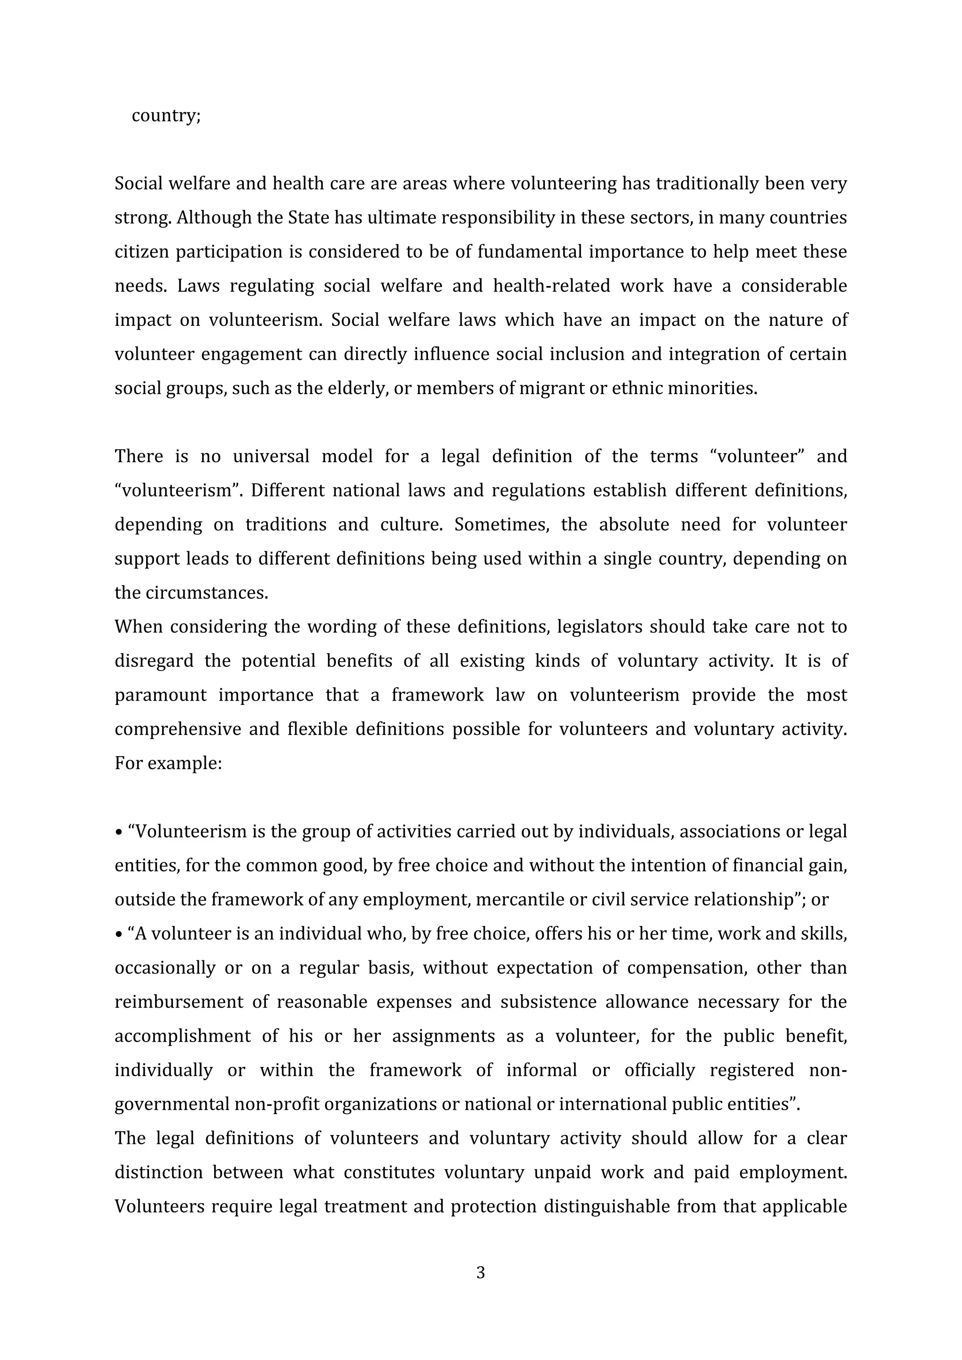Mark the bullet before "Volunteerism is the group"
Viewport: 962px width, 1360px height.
click(x=118, y=833)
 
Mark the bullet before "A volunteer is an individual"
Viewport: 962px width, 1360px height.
click(x=118, y=935)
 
